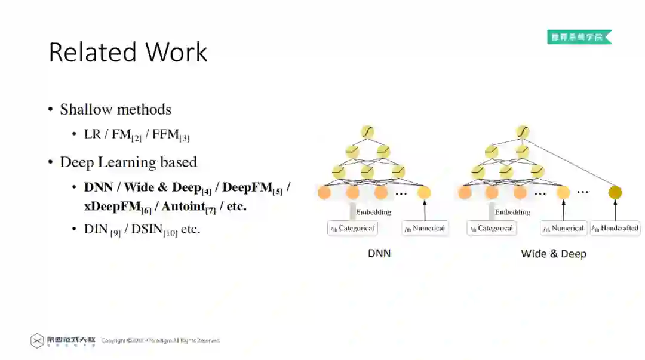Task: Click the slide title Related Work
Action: click(128, 52)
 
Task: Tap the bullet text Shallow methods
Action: click(115, 109)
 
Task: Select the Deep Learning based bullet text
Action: click(128, 162)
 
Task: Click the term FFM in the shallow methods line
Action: click(165, 134)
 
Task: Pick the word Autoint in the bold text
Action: click(183, 206)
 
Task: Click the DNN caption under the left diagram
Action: click(379, 253)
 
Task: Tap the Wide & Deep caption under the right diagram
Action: click(554, 254)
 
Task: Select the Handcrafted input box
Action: click(615, 228)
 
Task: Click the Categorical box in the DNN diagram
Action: click(352, 228)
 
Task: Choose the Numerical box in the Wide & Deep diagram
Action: click(563, 228)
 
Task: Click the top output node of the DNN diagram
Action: click(367, 131)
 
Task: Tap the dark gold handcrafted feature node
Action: click(615, 192)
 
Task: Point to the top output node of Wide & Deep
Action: click(523, 131)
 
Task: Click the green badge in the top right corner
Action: click(579, 37)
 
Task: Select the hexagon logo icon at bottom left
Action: click(37, 341)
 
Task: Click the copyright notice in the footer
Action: click(160, 340)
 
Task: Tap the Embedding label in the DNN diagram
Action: click(373, 212)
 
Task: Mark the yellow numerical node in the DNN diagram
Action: click(424, 192)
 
